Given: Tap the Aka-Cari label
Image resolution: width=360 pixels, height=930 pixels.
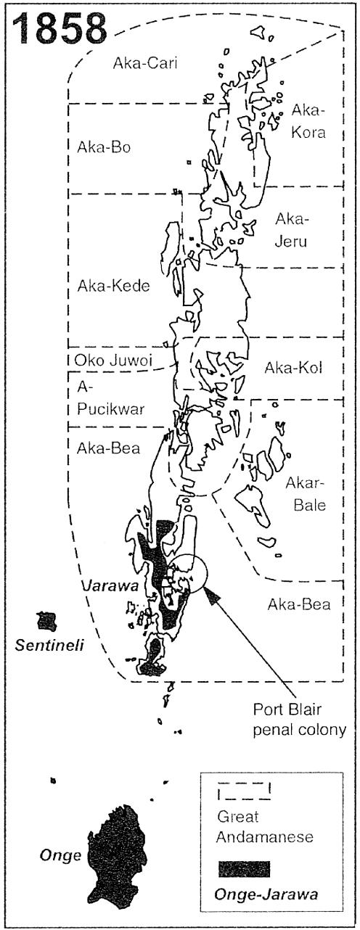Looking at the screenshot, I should [x=145, y=63].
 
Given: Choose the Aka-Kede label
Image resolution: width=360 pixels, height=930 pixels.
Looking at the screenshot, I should [x=113, y=286].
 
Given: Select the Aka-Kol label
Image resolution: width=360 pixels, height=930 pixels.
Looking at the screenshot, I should [x=294, y=368].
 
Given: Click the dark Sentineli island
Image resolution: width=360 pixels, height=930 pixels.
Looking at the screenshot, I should [x=47, y=621].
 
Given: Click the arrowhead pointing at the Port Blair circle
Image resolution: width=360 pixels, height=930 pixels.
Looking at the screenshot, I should [x=211, y=596].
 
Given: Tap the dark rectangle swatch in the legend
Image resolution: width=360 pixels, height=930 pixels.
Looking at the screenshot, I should [x=243, y=869].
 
